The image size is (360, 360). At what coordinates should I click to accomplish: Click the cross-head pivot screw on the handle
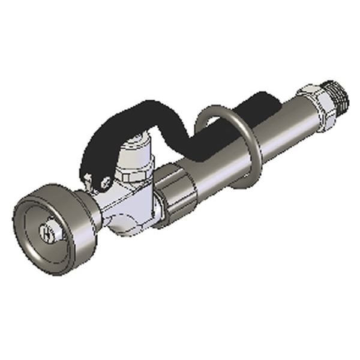[106, 182]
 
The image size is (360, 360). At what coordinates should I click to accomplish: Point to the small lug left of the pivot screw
[90, 179]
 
